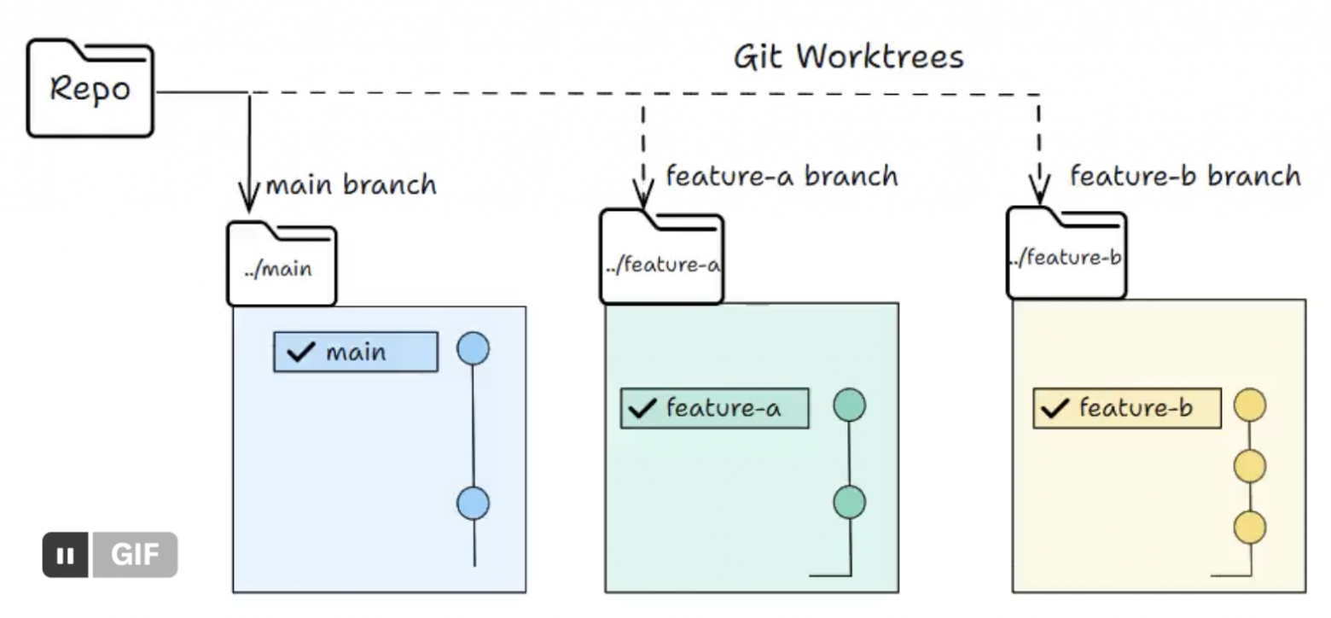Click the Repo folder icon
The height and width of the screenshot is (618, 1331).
point(90,88)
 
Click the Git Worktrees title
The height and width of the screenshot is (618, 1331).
point(848,58)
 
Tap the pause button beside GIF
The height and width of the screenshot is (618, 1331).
point(66,555)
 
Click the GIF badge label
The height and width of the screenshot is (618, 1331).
point(135,555)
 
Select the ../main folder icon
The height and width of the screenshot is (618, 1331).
point(282,264)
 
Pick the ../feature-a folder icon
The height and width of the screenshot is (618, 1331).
point(661,257)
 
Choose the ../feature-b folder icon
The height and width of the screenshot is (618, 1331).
point(1067,253)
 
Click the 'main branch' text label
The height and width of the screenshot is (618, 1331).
point(351,185)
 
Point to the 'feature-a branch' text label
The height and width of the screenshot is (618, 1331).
point(782,176)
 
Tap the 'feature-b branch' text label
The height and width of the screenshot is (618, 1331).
point(1185,176)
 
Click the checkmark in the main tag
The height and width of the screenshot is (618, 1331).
point(300,352)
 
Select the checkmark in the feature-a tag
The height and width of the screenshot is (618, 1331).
point(642,408)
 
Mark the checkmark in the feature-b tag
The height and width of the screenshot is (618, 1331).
point(1055,408)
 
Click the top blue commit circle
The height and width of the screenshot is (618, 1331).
point(473,348)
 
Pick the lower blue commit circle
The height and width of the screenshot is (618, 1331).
point(473,504)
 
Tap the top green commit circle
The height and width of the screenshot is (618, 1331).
point(850,405)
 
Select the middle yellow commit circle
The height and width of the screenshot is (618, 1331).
point(1250,466)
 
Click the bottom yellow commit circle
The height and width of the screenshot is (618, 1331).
point(1250,528)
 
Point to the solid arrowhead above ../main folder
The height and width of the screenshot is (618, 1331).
point(249,196)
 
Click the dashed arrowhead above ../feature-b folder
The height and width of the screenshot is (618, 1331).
point(1039,189)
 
